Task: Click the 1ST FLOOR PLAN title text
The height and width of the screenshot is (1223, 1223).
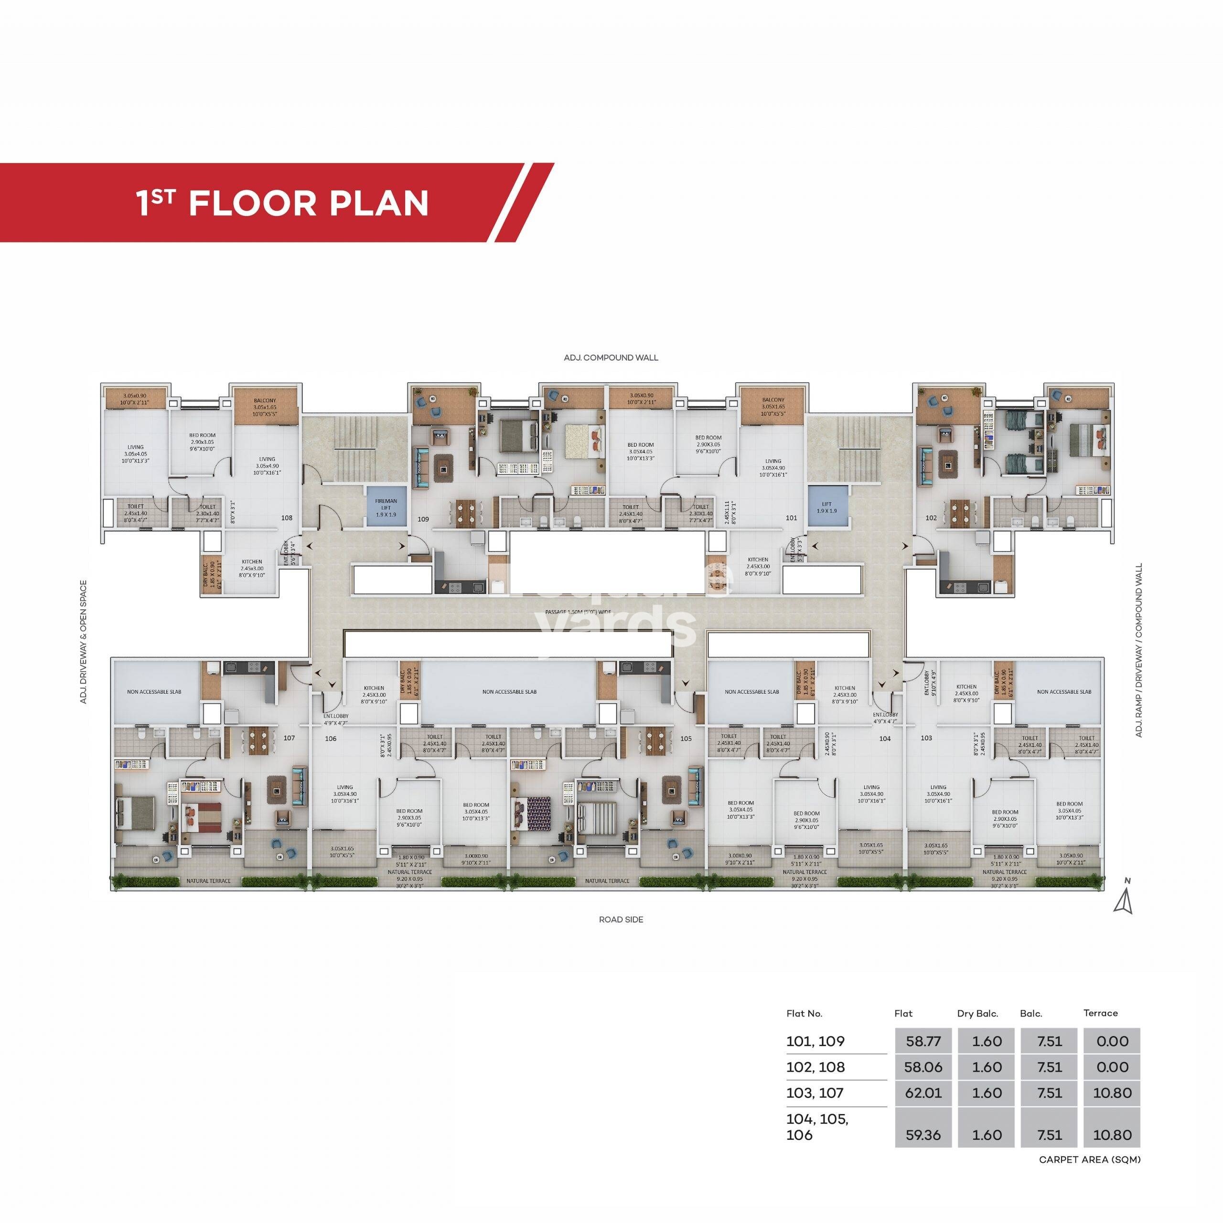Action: pos(282,203)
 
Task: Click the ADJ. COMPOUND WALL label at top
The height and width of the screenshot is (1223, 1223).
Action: pos(611,358)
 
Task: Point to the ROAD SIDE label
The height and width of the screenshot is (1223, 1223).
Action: pos(621,919)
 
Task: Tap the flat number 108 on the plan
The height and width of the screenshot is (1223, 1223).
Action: pos(287,518)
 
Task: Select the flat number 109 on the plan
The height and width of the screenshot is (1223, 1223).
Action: pos(423,519)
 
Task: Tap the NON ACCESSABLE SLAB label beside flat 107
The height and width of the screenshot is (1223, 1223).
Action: pos(154,691)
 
